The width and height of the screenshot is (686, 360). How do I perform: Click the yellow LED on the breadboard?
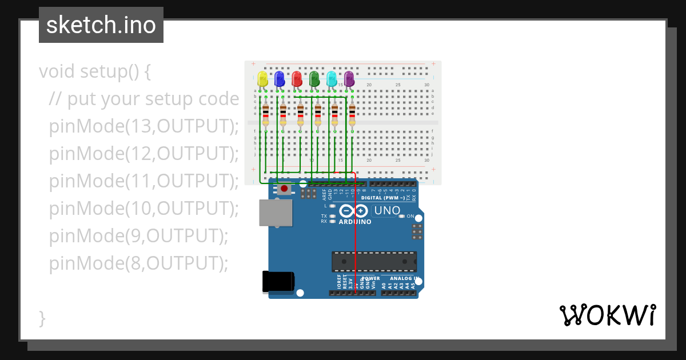[x=262, y=79]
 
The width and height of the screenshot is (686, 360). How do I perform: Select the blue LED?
[x=280, y=79]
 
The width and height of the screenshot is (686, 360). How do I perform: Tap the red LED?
[x=297, y=79]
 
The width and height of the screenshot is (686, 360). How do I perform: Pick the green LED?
[x=314, y=79]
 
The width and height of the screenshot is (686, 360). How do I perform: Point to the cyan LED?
[x=332, y=79]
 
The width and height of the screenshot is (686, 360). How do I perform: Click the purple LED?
[x=349, y=79]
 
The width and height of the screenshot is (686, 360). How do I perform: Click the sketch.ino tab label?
[x=101, y=25]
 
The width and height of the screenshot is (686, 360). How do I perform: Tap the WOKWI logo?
[x=607, y=315]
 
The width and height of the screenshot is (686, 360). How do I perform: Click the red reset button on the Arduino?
[x=284, y=189]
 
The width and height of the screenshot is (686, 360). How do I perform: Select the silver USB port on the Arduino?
[x=275, y=213]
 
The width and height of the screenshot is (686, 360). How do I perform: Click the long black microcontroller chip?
[x=374, y=261]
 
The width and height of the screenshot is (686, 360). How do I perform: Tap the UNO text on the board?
[x=387, y=211]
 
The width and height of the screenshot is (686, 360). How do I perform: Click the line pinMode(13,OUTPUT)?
[x=143, y=126]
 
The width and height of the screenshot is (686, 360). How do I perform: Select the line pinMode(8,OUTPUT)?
[x=138, y=263]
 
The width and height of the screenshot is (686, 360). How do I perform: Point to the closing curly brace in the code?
[x=42, y=318]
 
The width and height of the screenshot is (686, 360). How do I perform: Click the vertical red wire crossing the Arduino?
[x=356, y=240]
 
